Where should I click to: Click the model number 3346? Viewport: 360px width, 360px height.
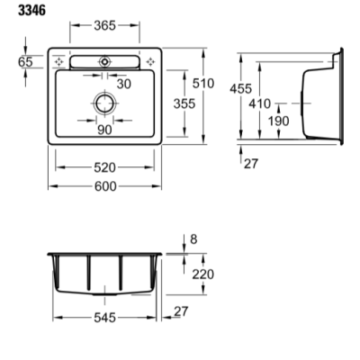[x=31, y=11]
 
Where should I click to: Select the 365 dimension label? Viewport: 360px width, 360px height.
[x=104, y=26]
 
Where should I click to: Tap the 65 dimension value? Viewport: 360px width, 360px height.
[x=25, y=62]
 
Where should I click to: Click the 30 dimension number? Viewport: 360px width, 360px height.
[x=124, y=85]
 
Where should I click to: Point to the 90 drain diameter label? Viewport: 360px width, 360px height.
[x=104, y=130]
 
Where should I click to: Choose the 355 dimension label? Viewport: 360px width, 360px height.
[x=184, y=103]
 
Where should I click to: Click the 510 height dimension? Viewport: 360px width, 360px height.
[x=203, y=84]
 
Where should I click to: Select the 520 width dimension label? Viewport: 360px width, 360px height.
[x=104, y=167]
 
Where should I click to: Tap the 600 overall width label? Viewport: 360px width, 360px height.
[x=105, y=186]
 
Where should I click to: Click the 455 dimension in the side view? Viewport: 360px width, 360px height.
[x=240, y=89]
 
